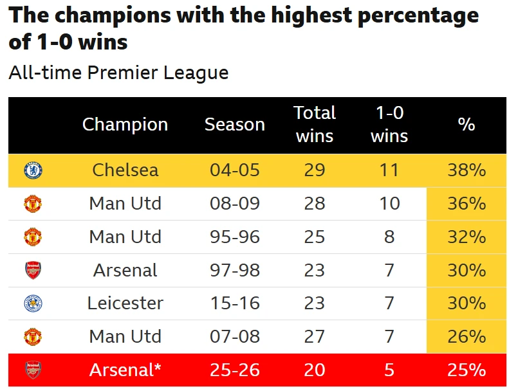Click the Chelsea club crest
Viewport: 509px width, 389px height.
[x=33, y=170]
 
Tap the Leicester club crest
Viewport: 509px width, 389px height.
[x=33, y=303]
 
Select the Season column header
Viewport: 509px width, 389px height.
[x=234, y=125]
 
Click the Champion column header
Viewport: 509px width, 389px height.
[x=125, y=125]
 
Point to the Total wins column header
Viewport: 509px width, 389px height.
[x=315, y=125]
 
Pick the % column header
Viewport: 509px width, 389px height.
[x=466, y=125]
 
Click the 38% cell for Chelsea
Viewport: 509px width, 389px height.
[x=466, y=170]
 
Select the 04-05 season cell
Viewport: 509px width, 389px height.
[x=234, y=170]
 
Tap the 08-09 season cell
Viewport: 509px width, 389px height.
[x=234, y=204]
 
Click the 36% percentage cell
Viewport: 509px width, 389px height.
[x=466, y=204]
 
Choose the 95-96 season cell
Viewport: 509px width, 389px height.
[x=234, y=237]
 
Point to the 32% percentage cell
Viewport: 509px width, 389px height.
[x=466, y=237]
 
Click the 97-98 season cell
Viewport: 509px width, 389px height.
[x=234, y=270]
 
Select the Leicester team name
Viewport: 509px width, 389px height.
[x=125, y=303]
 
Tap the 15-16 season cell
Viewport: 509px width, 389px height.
[x=234, y=303]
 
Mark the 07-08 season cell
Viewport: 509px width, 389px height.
[x=234, y=336]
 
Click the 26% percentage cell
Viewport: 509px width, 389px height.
[x=466, y=336]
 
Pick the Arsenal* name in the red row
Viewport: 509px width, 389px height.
[x=125, y=370]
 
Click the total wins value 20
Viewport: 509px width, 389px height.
[x=315, y=370]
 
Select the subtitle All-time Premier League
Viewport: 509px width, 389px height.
[x=118, y=73]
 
